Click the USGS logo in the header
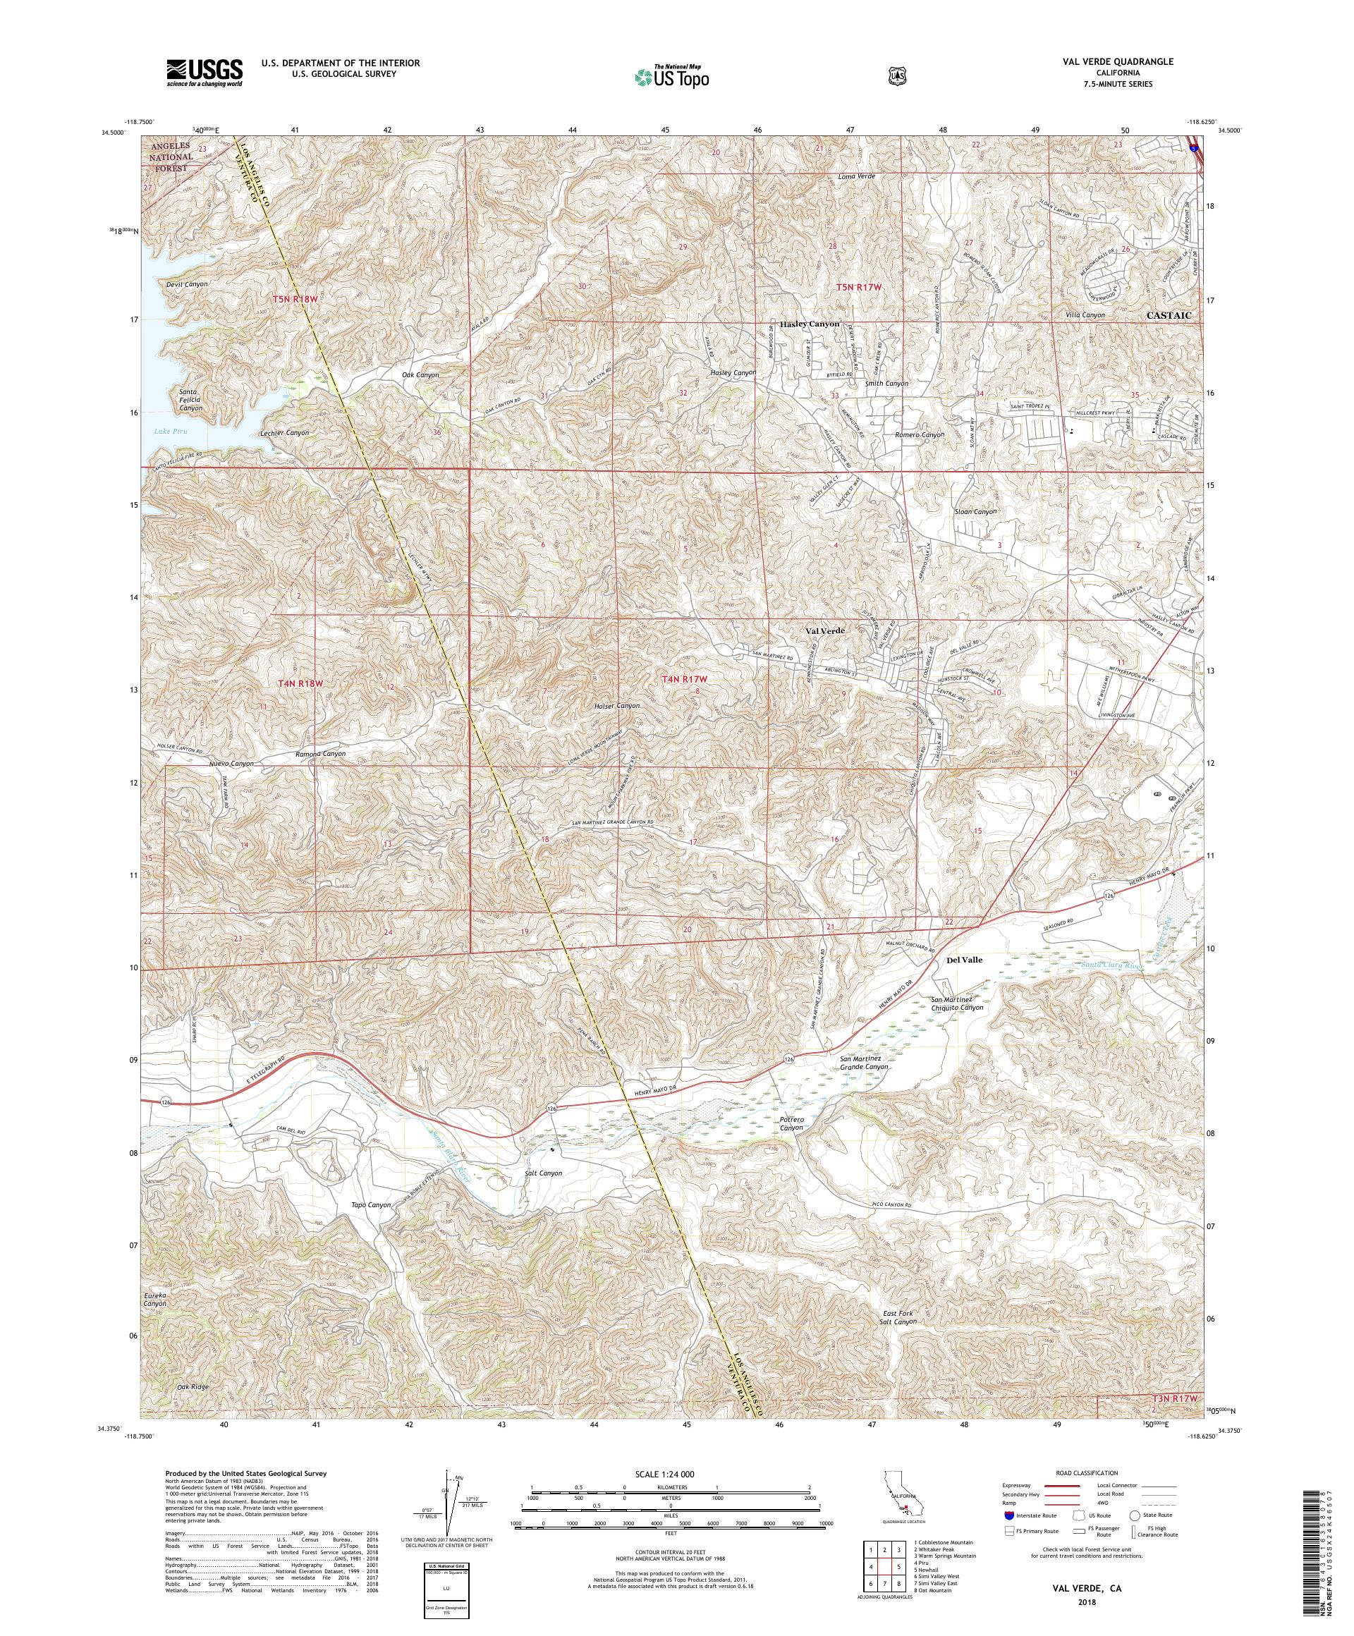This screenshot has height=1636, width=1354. tap(204, 73)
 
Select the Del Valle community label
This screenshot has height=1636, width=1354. tap(964, 960)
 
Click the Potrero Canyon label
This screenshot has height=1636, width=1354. tap(791, 1124)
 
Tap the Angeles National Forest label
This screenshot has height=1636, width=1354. tap(171, 157)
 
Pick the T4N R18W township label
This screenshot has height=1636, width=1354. tap(299, 683)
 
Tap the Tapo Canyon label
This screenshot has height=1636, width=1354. tap(371, 1204)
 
